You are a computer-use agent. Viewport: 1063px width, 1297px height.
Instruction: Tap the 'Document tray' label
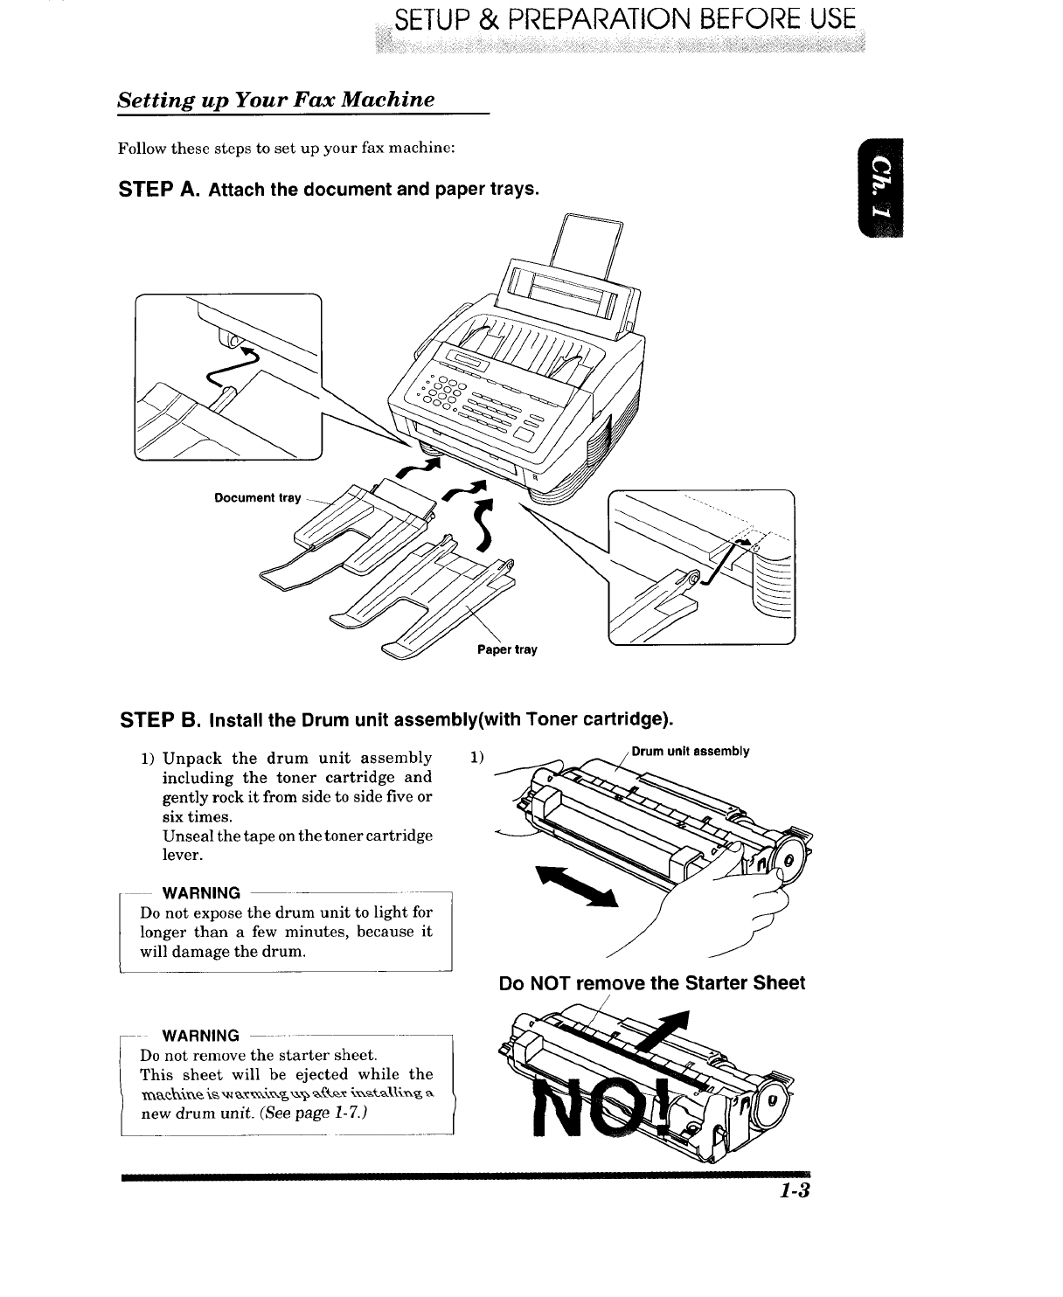pos(257,498)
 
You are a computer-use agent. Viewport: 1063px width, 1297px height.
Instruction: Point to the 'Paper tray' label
pos(507,649)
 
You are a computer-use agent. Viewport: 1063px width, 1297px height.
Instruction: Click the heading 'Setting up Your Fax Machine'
pos(276,99)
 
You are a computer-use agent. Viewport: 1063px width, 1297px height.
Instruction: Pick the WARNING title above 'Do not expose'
pos(202,892)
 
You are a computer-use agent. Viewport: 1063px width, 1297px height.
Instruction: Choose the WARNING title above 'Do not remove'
pos(202,1036)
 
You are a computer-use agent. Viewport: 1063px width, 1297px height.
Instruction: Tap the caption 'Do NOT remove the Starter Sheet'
pos(651,983)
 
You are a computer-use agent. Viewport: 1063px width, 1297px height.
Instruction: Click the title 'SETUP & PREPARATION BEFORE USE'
pos(624,21)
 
